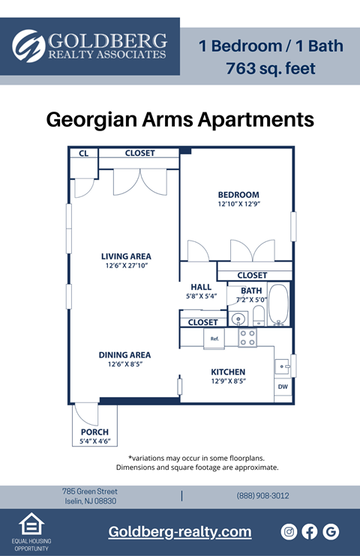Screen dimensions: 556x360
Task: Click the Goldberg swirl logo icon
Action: click(x=28, y=46)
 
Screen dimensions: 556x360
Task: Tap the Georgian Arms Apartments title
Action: click(x=180, y=119)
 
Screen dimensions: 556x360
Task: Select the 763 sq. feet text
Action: click(x=271, y=70)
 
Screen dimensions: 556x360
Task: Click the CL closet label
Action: click(x=84, y=154)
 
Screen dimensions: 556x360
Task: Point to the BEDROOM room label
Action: click(x=238, y=195)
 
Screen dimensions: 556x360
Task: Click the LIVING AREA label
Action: click(x=126, y=256)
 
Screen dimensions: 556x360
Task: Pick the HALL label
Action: click(x=201, y=286)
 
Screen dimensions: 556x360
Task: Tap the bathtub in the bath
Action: click(x=278, y=305)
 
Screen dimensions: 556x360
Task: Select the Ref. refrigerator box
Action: click(x=214, y=339)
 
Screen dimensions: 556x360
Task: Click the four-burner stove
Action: click(x=247, y=338)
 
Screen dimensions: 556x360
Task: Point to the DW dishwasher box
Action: click(x=283, y=387)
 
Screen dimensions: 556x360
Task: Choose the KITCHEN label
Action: click(x=228, y=372)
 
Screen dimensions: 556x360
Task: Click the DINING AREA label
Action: click(x=124, y=355)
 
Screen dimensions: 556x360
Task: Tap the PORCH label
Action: click(x=94, y=432)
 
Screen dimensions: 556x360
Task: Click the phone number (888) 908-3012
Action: click(x=262, y=496)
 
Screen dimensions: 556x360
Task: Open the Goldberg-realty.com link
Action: click(x=180, y=532)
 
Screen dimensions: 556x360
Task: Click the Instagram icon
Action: click(x=289, y=531)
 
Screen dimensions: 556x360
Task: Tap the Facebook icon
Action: click(x=310, y=531)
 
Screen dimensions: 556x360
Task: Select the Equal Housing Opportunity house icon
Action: click(x=31, y=525)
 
